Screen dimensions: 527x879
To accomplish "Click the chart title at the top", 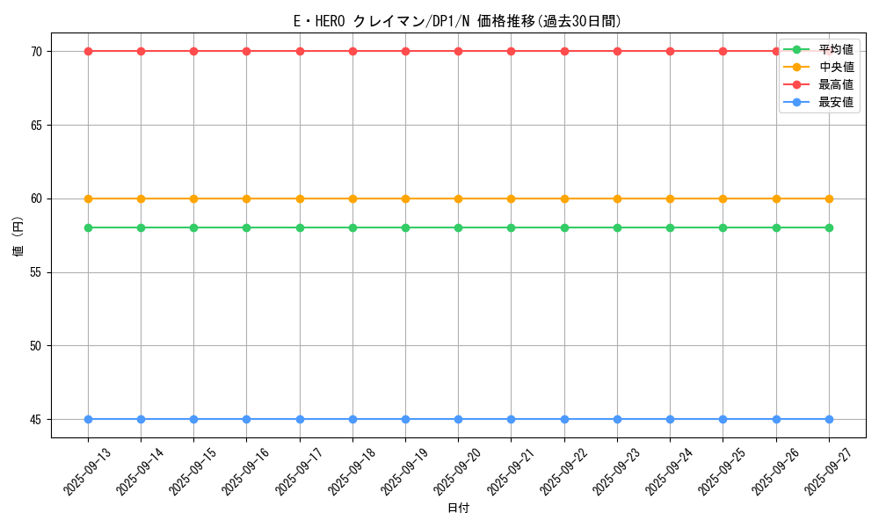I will [457, 22].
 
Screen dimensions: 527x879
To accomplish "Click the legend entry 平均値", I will [835, 49].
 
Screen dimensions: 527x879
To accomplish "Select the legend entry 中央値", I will [835, 67].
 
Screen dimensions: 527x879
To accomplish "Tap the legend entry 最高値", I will [835, 84].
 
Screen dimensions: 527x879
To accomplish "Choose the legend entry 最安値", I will [835, 102].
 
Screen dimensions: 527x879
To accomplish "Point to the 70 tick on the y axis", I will [36, 52].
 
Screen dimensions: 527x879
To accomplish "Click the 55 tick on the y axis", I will [36, 272].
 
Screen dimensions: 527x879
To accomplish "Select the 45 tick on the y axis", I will [36, 420].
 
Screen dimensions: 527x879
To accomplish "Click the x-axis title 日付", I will [458, 509].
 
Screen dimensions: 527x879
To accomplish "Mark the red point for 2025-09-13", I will [88, 51].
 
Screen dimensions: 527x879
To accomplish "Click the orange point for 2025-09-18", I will [352, 199].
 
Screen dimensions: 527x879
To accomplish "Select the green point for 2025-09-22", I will [564, 227].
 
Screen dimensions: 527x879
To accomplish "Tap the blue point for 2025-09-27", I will [829, 419].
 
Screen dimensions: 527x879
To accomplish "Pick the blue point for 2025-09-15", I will [193, 419].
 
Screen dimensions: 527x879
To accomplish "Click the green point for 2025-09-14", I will [141, 227].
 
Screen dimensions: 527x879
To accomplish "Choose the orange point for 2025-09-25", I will [723, 199].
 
